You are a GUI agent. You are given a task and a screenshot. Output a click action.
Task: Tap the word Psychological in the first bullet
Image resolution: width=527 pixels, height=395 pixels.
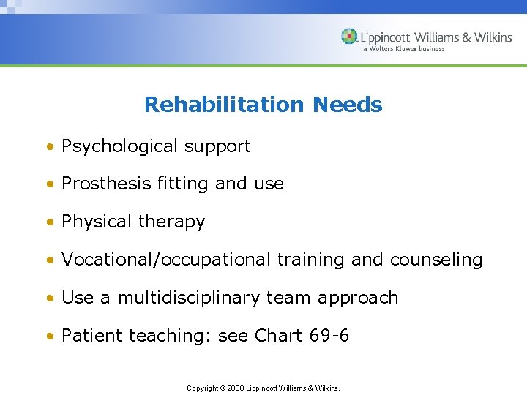click(x=120, y=146)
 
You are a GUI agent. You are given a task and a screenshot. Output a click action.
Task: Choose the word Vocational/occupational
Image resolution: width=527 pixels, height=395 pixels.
click(x=167, y=260)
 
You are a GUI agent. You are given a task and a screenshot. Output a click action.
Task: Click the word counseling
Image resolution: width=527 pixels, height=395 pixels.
click(x=436, y=260)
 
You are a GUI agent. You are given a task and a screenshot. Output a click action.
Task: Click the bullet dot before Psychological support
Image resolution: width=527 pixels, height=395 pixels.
click(x=51, y=147)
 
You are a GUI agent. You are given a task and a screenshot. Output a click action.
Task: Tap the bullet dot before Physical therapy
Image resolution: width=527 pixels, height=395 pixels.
click(x=51, y=223)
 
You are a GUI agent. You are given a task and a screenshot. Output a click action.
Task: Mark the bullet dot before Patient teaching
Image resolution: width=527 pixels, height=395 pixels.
click(x=51, y=337)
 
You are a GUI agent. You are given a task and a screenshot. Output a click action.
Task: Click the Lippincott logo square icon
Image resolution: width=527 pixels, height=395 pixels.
click(x=349, y=37)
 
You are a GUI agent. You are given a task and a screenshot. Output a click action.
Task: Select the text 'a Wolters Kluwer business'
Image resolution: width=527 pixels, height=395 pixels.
click(x=403, y=49)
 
